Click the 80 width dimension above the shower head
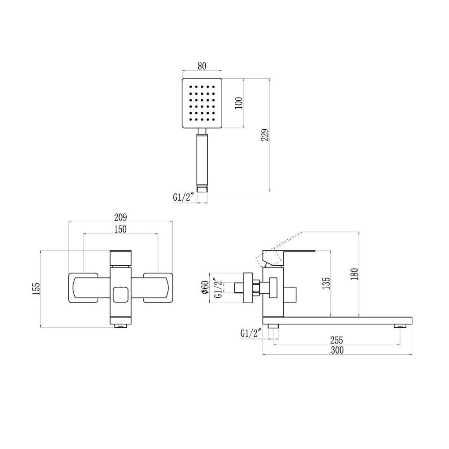[x=202, y=66]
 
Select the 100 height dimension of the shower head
[x=239, y=103]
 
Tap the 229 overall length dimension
[x=265, y=135]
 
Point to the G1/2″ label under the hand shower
[x=184, y=197]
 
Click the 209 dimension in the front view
[x=120, y=217]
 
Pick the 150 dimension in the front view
[x=120, y=229]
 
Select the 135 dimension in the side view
[x=326, y=283]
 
